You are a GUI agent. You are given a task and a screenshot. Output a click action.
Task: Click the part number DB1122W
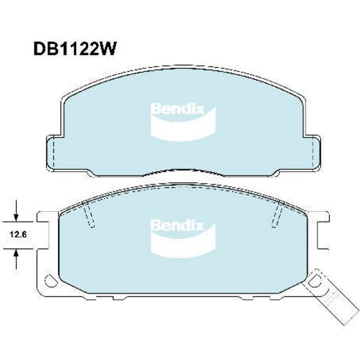pyautogui.click(x=74, y=49)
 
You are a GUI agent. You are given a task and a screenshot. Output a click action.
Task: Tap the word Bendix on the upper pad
pyautogui.click(x=178, y=109)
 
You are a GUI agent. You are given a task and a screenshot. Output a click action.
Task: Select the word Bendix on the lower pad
pyautogui.click(x=178, y=226)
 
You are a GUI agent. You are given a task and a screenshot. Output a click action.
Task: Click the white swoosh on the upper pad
pyautogui.click(x=183, y=127)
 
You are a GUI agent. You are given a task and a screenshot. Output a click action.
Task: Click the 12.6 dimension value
pyautogui.click(x=18, y=235)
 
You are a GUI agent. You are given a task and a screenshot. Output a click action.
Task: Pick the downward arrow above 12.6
pyautogui.click(x=16, y=210)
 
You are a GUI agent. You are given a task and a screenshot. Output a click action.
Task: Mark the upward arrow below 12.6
pyautogui.click(x=16, y=259)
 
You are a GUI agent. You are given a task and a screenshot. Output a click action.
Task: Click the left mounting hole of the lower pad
pyautogui.click(x=51, y=280)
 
